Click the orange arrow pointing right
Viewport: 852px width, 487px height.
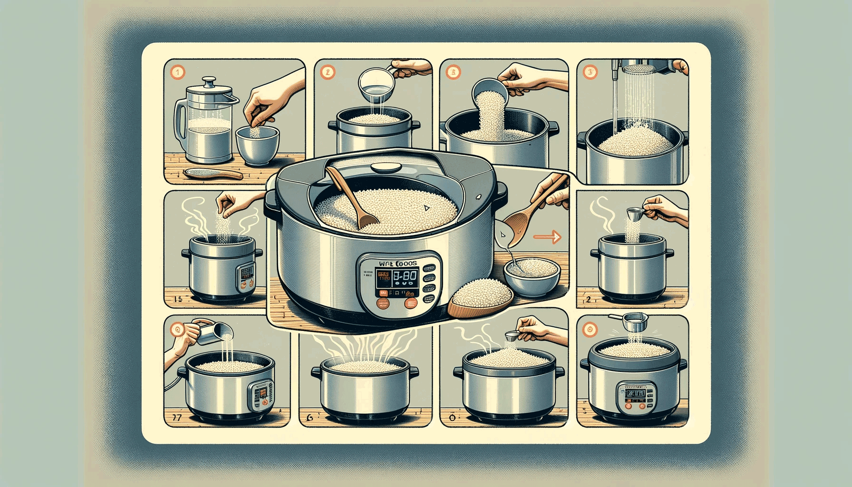[x=547, y=236]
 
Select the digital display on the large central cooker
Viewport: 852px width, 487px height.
[x=397, y=277]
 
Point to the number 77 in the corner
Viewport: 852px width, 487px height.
[x=175, y=418]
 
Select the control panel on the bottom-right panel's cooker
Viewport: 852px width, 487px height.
[x=636, y=397]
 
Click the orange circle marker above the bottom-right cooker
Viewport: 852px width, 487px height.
[x=590, y=329]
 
